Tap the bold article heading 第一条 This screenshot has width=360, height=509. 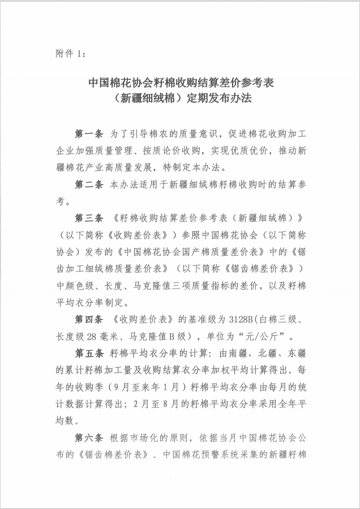tap(89, 134)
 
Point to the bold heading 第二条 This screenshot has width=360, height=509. tap(89, 184)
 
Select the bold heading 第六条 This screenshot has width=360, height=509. tap(89, 438)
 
